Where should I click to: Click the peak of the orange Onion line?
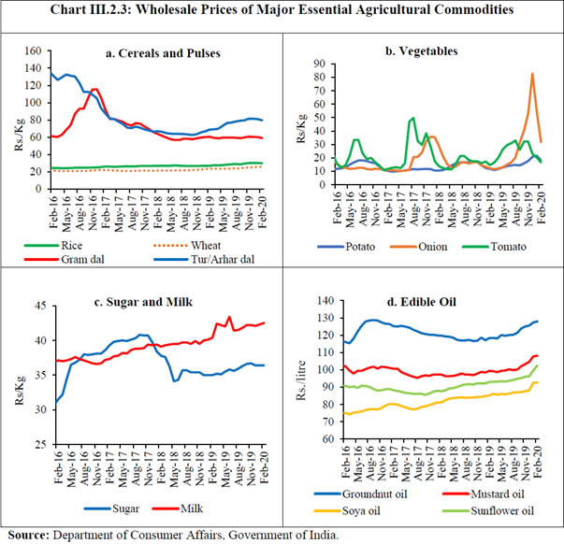pos(532,74)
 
